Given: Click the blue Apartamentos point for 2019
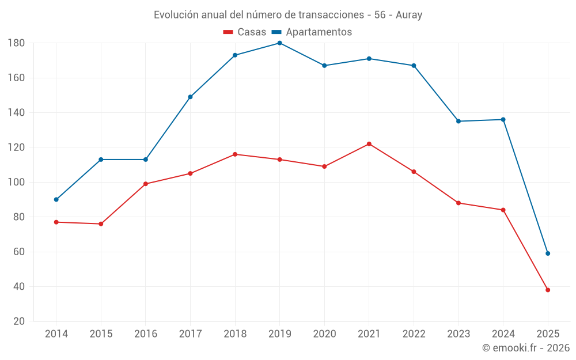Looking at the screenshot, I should click(279, 43).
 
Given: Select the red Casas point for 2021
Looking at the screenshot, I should click(369, 144).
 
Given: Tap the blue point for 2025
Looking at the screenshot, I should click(548, 253).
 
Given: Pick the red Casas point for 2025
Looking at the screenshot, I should click(548, 290).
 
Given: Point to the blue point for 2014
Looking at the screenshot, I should click(56, 199).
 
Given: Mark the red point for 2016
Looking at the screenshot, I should click(146, 184).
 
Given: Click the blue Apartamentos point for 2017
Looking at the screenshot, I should click(190, 97).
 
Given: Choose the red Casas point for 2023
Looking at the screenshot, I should click(458, 203).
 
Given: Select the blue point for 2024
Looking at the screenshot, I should click(503, 120).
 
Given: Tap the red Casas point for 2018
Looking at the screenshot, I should click(235, 154).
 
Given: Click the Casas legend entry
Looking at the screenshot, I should click(245, 32).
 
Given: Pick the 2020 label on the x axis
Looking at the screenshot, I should click(324, 334).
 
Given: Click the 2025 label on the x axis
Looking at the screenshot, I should click(548, 334).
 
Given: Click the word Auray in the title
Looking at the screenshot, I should click(409, 15).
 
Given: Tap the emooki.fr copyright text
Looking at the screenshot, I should click(526, 348).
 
